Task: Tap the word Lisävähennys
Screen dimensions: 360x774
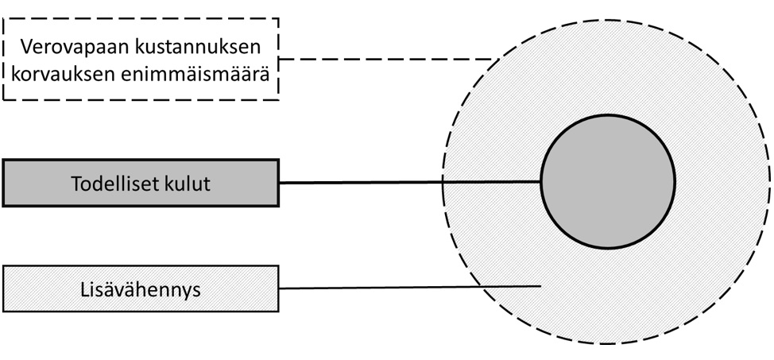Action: (x=141, y=288)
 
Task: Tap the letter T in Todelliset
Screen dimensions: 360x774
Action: (x=76, y=184)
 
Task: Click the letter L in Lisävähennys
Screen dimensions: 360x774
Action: (x=84, y=288)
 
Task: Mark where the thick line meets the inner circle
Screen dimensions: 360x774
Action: (x=541, y=182)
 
